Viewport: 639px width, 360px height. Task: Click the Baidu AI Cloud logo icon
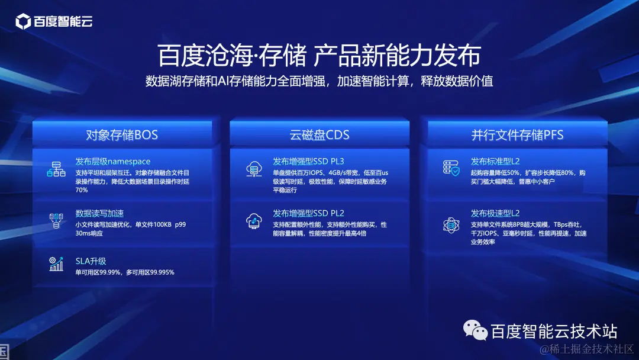(x=23, y=22)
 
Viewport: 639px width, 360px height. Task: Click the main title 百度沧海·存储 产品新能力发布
(x=319, y=56)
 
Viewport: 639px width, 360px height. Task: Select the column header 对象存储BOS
(x=122, y=135)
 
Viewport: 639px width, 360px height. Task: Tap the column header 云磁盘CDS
(x=319, y=135)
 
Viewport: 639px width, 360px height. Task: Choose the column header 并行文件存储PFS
(x=517, y=135)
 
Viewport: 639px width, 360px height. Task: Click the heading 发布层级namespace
(x=112, y=162)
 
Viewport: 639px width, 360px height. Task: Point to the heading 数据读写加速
(x=99, y=213)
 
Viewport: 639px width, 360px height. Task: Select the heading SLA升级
(x=91, y=261)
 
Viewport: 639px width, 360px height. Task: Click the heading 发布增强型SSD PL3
(x=308, y=162)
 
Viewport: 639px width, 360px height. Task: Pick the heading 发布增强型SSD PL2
(x=308, y=213)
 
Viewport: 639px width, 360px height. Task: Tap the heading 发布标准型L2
(x=495, y=162)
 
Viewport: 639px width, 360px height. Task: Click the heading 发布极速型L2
(x=495, y=213)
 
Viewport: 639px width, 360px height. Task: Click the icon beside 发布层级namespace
(x=56, y=169)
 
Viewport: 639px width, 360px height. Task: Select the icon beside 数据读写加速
(x=56, y=221)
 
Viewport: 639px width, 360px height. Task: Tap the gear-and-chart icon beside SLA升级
(x=56, y=264)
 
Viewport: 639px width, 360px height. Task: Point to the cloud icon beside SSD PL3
(x=254, y=169)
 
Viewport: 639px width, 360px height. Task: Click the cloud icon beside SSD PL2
(x=254, y=221)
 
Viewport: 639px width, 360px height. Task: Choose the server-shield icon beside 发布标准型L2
(x=451, y=168)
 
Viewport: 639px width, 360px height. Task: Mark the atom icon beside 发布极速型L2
(x=451, y=224)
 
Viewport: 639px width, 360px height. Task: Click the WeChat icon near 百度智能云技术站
(x=476, y=330)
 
